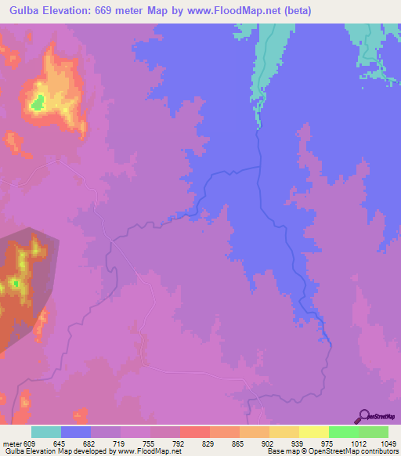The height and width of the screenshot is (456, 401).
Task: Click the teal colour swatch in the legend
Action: click(x=46, y=432)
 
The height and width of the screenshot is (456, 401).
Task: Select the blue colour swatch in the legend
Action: click(x=76, y=432)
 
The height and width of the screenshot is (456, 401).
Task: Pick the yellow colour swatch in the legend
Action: click(x=314, y=432)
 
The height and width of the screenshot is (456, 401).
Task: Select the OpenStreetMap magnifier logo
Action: click(x=364, y=416)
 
